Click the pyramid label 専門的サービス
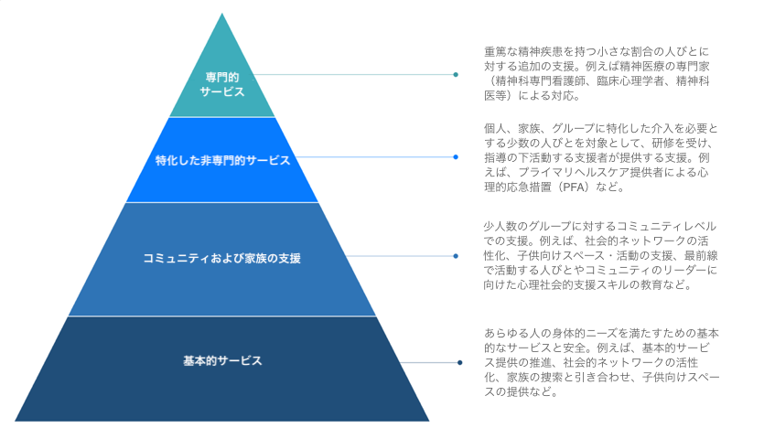pos(222,83)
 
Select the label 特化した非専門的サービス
pos(222,160)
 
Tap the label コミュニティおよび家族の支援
pos(222,258)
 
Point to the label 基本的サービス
pos(222,360)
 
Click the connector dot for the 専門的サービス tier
pos(456,75)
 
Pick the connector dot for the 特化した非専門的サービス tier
pos(456,157)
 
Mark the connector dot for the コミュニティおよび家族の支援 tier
pos(456,256)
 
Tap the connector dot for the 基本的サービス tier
pos(460,363)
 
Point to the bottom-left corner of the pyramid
pos(16,420)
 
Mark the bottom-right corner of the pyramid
pos(428,420)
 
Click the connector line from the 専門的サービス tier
pos(357,75)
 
